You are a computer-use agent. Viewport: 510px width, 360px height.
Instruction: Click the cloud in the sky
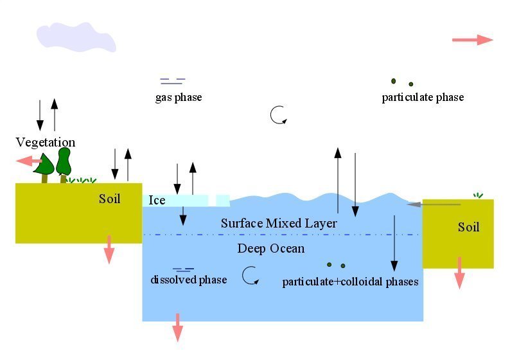point(76,37)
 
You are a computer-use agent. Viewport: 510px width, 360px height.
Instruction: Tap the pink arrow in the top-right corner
point(472,40)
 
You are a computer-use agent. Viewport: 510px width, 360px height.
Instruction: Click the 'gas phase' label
point(178,98)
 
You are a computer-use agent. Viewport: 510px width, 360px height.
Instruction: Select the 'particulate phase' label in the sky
point(423,98)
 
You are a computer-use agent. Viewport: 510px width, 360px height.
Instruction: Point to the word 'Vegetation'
point(46,143)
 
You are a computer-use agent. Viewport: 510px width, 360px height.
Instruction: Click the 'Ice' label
point(157,201)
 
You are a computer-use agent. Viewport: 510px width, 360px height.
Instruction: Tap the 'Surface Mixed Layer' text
point(279,224)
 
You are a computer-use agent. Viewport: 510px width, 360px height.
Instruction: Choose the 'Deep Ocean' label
point(271,249)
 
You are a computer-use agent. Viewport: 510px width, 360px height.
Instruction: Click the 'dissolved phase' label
point(189,280)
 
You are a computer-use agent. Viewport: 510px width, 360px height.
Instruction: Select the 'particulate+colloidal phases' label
point(350,282)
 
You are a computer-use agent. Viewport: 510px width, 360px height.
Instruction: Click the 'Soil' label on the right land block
point(468,228)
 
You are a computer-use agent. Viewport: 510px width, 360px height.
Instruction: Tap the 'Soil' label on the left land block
point(109,199)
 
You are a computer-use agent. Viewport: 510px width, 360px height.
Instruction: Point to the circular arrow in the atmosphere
point(278,115)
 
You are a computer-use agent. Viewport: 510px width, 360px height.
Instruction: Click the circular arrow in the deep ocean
point(250,276)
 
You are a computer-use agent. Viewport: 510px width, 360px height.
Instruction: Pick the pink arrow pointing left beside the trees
point(29,161)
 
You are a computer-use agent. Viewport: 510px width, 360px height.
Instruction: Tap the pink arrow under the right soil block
point(459,273)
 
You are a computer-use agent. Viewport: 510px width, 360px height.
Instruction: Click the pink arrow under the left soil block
point(109,249)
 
